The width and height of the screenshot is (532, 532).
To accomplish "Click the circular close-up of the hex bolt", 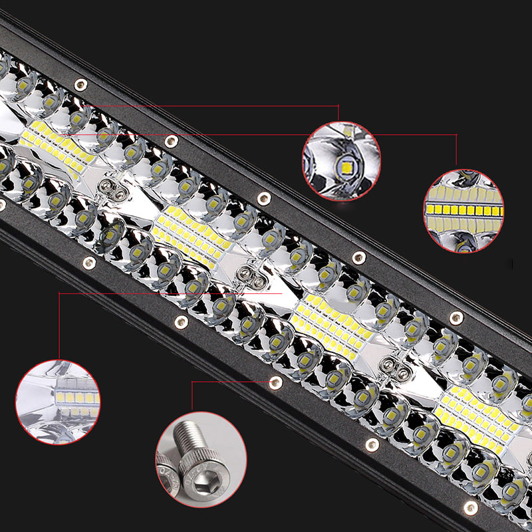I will [x=201, y=460].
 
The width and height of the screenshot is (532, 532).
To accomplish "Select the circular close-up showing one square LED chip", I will [x=342, y=161].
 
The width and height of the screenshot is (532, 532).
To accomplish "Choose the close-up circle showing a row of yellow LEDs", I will [x=464, y=210].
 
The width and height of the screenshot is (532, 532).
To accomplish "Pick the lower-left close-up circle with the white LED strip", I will [x=58, y=403].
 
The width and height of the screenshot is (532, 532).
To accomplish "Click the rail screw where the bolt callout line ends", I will [x=275, y=382].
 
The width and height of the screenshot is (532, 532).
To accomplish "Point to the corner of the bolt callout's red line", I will [x=192, y=382].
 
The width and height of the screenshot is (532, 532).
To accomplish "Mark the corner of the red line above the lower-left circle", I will [x=59, y=293].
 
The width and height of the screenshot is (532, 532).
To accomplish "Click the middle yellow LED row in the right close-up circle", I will [x=464, y=211].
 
